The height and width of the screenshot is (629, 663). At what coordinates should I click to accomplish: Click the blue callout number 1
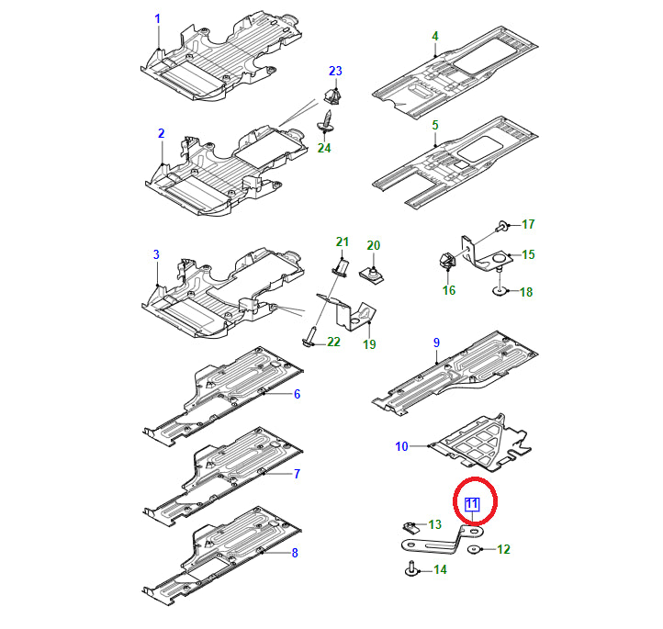point(158,18)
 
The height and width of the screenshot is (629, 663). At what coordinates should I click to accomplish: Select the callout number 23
point(335,71)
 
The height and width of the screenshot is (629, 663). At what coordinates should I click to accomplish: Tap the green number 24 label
point(324,148)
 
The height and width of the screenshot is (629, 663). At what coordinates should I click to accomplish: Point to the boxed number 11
point(472,504)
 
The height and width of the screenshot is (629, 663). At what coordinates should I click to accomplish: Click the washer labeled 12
point(474,549)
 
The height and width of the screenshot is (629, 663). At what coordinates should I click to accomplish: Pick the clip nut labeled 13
point(411,527)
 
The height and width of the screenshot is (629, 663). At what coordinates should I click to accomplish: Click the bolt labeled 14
point(411,569)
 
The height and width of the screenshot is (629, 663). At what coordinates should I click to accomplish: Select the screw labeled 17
point(502,225)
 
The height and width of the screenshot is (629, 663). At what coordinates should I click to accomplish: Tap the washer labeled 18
point(500,291)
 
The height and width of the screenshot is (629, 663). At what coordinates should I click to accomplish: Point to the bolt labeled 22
point(309,339)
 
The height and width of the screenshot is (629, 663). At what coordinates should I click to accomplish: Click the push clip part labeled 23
point(333,96)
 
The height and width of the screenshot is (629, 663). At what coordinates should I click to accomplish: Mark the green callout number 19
point(369,344)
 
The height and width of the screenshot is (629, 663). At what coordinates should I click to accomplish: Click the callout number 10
point(401,446)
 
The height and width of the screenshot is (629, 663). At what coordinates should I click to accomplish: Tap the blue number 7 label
point(297,474)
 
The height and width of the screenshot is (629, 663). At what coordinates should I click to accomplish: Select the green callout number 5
point(435,125)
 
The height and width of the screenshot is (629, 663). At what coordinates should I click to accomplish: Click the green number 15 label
point(528,254)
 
